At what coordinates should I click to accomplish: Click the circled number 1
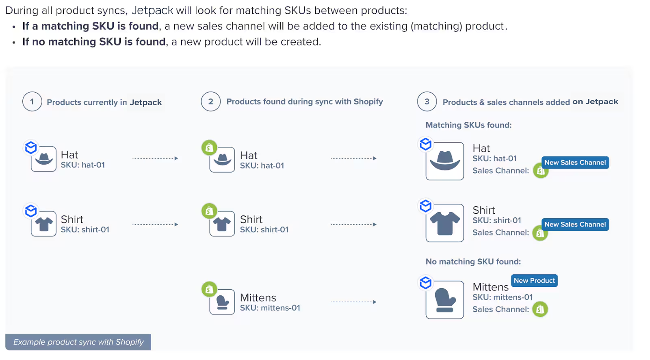click(x=32, y=102)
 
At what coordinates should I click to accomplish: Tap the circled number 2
click(x=210, y=102)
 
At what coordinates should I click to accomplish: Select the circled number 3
click(x=427, y=102)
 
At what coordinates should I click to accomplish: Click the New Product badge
click(x=534, y=281)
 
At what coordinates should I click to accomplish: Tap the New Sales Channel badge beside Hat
click(x=575, y=163)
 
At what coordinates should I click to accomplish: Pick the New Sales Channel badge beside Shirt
click(x=575, y=224)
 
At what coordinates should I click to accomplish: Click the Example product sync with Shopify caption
click(x=78, y=342)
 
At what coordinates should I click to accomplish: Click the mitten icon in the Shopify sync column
click(x=222, y=302)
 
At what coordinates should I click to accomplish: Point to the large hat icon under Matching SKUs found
click(x=445, y=161)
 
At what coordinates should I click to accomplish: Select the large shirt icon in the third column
click(x=445, y=223)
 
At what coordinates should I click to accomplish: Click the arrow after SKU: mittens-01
click(x=353, y=302)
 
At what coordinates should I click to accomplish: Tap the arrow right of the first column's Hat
click(x=155, y=158)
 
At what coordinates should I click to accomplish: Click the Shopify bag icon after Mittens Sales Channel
click(x=540, y=309)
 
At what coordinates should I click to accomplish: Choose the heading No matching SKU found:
click(x=473, y=262)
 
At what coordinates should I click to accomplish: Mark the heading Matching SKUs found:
click(x=468, y=125)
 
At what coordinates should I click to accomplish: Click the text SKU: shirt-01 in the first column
click(x=85, y=230)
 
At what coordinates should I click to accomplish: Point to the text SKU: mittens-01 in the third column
click(x=502, y=297)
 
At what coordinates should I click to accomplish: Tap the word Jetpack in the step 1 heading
click(x=145, y=102)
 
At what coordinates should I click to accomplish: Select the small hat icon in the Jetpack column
click(x=44, y=159)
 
